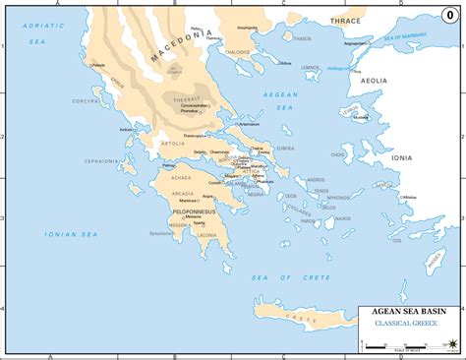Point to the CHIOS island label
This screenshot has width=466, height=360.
click(x=338, y=153)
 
